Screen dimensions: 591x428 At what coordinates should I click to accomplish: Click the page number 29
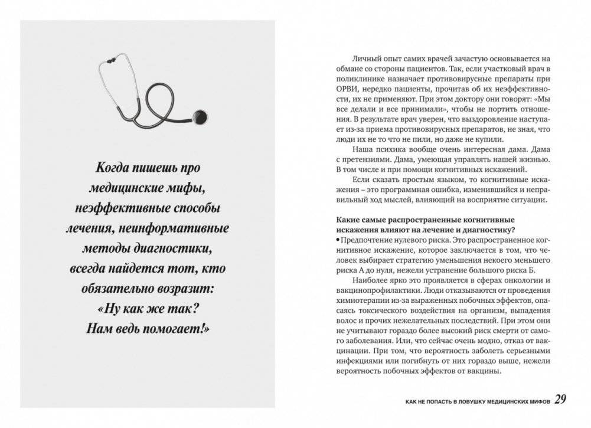[560, 400]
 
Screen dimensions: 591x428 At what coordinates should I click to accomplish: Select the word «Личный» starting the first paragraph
[367, 58]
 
